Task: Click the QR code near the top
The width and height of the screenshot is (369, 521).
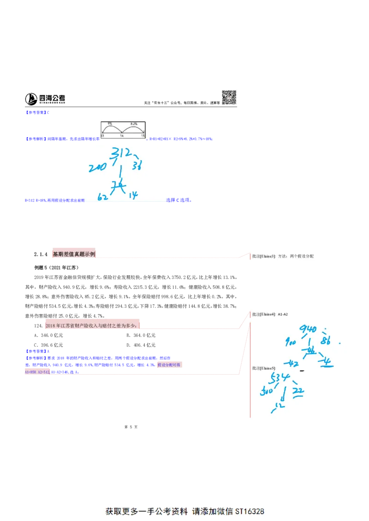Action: [x=229, y=98]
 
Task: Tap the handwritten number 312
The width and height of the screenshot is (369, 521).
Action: [x=120, y=153]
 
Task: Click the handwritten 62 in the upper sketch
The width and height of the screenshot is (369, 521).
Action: [x=103, y=197]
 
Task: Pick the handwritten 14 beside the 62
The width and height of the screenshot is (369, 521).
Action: [x=133, y=196]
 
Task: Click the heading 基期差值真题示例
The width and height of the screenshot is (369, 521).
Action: [x=74, y=254]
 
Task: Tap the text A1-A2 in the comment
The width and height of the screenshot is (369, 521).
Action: [x=283, y=314]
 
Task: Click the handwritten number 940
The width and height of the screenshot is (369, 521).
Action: [x=308, y=329]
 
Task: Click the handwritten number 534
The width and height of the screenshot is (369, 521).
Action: [x=280, y=378]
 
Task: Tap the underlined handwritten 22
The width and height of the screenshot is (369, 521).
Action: [x=298, y=391]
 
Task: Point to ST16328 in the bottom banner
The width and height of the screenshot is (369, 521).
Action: [x=250, y=511]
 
